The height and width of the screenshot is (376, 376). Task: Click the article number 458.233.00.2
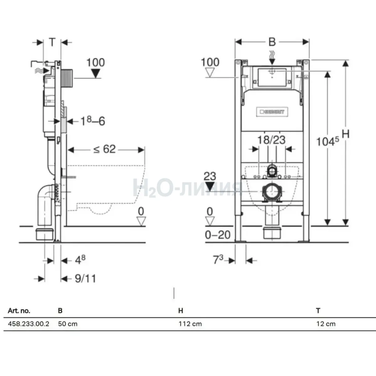coord(29,324)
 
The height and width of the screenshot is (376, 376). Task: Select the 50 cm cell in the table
coord(68,324)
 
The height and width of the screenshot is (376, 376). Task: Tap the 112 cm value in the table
coord(190,324)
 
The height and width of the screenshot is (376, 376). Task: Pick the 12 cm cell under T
coord(326,324)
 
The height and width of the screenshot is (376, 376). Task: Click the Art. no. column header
coord(19,311)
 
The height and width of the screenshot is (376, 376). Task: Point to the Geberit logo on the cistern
coord(272,112)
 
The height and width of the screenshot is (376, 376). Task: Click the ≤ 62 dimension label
coord(105,149)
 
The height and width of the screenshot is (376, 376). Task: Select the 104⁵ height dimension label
coord(328,141)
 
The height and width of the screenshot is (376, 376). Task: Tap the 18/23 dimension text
coord(271,140)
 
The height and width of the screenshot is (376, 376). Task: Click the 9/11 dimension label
coord(86,279)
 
